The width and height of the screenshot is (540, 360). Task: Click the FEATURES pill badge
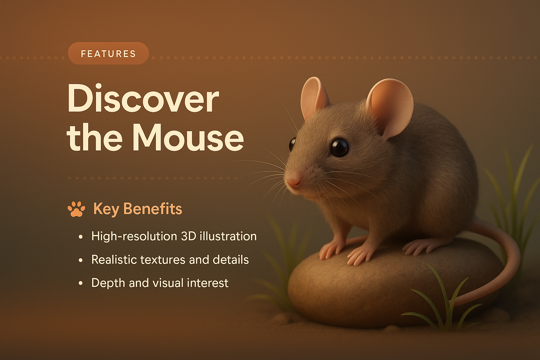tap(108, 53)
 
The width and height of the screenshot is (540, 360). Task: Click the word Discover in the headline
tap(143, 99)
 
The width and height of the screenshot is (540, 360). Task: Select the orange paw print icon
tap(76, 209)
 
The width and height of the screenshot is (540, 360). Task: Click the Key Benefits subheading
tap(137, 209)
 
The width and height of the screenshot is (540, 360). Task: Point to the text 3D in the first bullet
tap(188, 236)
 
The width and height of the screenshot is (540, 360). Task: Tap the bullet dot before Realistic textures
tap(81, 261)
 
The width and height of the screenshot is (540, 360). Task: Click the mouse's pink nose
tap(293, 181)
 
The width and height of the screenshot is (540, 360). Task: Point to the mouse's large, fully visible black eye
tap(339, 147)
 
